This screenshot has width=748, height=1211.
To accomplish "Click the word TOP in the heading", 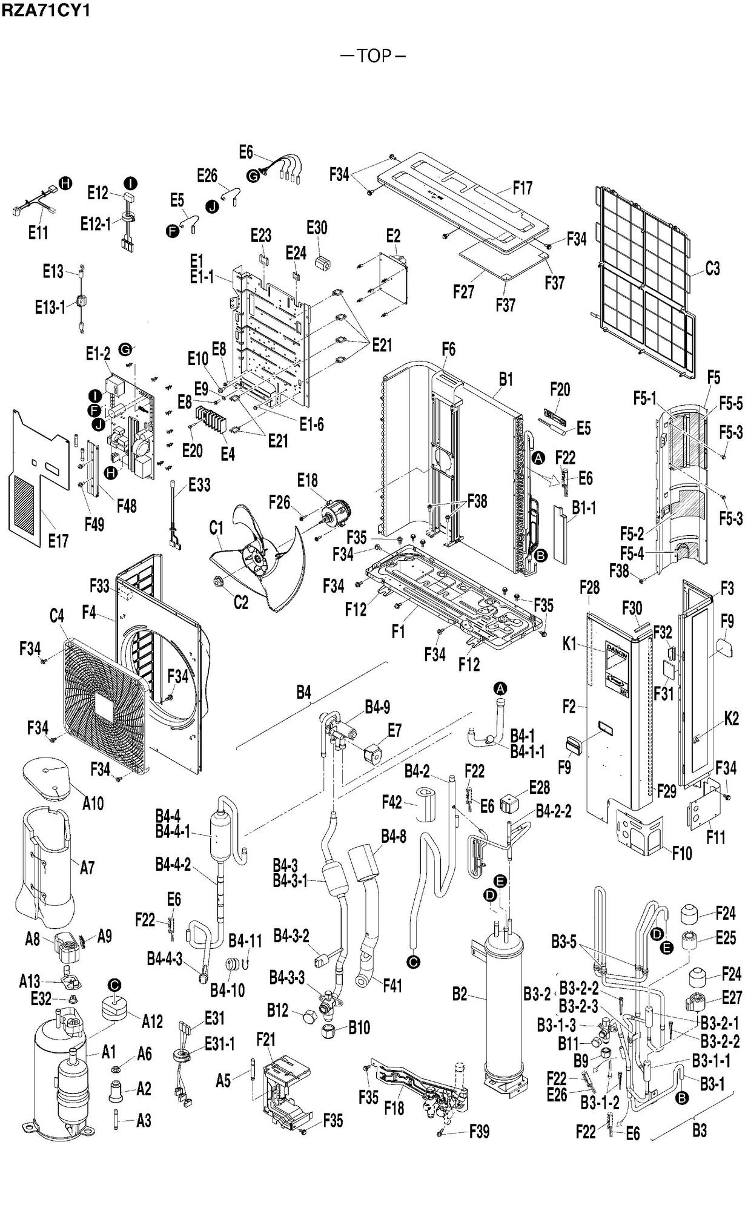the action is pyautogui.click(x=374, y=56).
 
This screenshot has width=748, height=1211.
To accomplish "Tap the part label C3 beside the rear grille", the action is pyautogui.click(x=712, y=268).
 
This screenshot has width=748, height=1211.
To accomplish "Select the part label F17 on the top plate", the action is pyautogui.click(x=522, y=188).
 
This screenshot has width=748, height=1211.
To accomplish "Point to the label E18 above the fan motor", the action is pyautogui.click(x=308, y=480).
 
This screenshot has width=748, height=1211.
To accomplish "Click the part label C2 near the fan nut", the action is pyautogui.click(x=240, y=602).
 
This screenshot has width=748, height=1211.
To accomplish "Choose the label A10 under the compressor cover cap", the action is pyautogui.click(x=93, y=803).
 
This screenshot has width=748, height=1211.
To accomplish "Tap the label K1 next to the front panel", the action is pyautogui.click(x=570, y=644).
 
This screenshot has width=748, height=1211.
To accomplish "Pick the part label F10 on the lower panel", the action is pyautogui.click(x=682, y=853).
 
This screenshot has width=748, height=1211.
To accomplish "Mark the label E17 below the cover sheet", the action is pyautogui.click(x=58, y=541).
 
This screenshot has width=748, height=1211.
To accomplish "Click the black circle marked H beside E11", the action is pyautogui.click(x=65, y=183).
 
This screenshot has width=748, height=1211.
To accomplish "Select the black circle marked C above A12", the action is pyautogui.click(x=113, y=985).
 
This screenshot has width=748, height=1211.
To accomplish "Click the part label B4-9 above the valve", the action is pyautogui.click(x=377, y=707).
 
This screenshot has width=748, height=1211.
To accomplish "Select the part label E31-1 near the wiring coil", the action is pyautogui.click(x=219, y=1044).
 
